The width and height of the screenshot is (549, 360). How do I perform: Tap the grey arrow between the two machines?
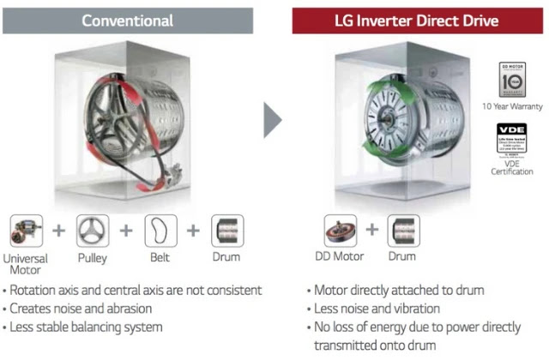[272, 120]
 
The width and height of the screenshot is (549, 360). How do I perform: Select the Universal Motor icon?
[27, 230]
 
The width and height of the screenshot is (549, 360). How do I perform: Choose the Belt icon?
[160, 230]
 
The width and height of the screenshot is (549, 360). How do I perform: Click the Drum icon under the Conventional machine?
[227, 230]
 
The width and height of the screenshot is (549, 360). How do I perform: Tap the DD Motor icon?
[341, 230]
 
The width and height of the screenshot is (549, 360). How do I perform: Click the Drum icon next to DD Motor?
[404, 230]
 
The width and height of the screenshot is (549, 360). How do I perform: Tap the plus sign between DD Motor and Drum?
[372, 230]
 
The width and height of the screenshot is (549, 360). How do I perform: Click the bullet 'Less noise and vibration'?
[377, 308]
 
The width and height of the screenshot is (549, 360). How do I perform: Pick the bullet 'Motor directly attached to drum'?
[399, 290]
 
